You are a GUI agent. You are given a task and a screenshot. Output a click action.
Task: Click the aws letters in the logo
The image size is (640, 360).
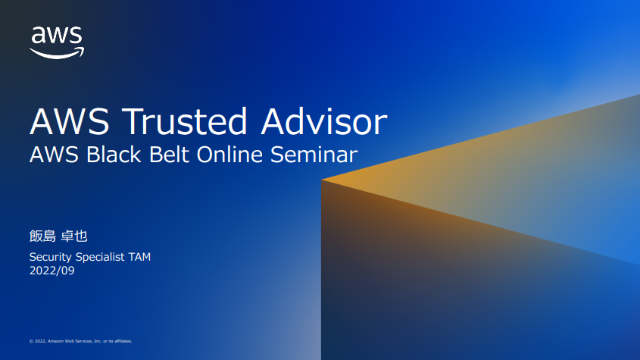(x=57, y=35)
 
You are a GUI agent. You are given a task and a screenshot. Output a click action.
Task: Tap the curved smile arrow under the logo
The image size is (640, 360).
(x=57, y=54)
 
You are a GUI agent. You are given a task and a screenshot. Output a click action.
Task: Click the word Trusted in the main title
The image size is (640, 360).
(x=185, y=121)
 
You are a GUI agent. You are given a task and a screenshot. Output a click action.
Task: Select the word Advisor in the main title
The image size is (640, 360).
(x=324, y=121)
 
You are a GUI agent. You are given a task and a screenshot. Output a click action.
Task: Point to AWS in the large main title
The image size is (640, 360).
(x=70, y=121)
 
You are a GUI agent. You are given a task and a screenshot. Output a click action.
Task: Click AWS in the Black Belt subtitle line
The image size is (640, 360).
(x=54, y=155)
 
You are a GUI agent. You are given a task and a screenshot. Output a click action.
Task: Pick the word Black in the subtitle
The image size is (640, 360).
(x=114, y=155)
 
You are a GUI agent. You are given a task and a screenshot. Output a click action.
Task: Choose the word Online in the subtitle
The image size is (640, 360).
(x=229, y=155)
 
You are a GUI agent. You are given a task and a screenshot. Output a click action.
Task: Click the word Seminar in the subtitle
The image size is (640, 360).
(x=314, y=155)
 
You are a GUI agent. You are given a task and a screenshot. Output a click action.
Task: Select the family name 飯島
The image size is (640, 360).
(x=42, y=236)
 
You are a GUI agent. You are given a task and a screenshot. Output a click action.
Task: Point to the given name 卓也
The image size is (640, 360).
(x=74, y=236)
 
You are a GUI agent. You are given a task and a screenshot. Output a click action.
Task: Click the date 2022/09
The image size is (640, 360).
(x=52, y=271)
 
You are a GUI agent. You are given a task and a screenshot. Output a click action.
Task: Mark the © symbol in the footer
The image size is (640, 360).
(x=31, y=341)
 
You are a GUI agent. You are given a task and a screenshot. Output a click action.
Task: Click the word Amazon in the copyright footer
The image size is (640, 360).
(x=55, y=341)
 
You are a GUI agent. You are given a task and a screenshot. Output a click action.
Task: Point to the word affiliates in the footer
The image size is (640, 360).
(x=123, y=341)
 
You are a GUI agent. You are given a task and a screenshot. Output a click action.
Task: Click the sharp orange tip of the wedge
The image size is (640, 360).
(x=322, y=180)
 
